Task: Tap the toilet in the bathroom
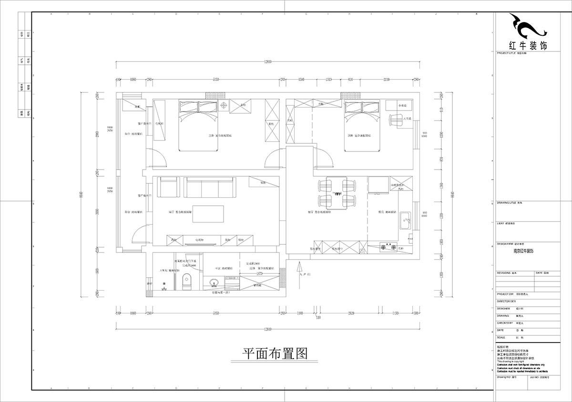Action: click(x=186, y=282)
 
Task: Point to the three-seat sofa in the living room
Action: click(x=210, y=187)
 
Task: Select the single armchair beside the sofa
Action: click(x=168, y=186)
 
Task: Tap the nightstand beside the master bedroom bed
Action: click(x=223, y=107)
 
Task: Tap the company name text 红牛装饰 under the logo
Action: click(x=528, y=45)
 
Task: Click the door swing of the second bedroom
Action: click(x=323, y=157)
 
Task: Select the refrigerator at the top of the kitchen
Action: click(x=379, y=185)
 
